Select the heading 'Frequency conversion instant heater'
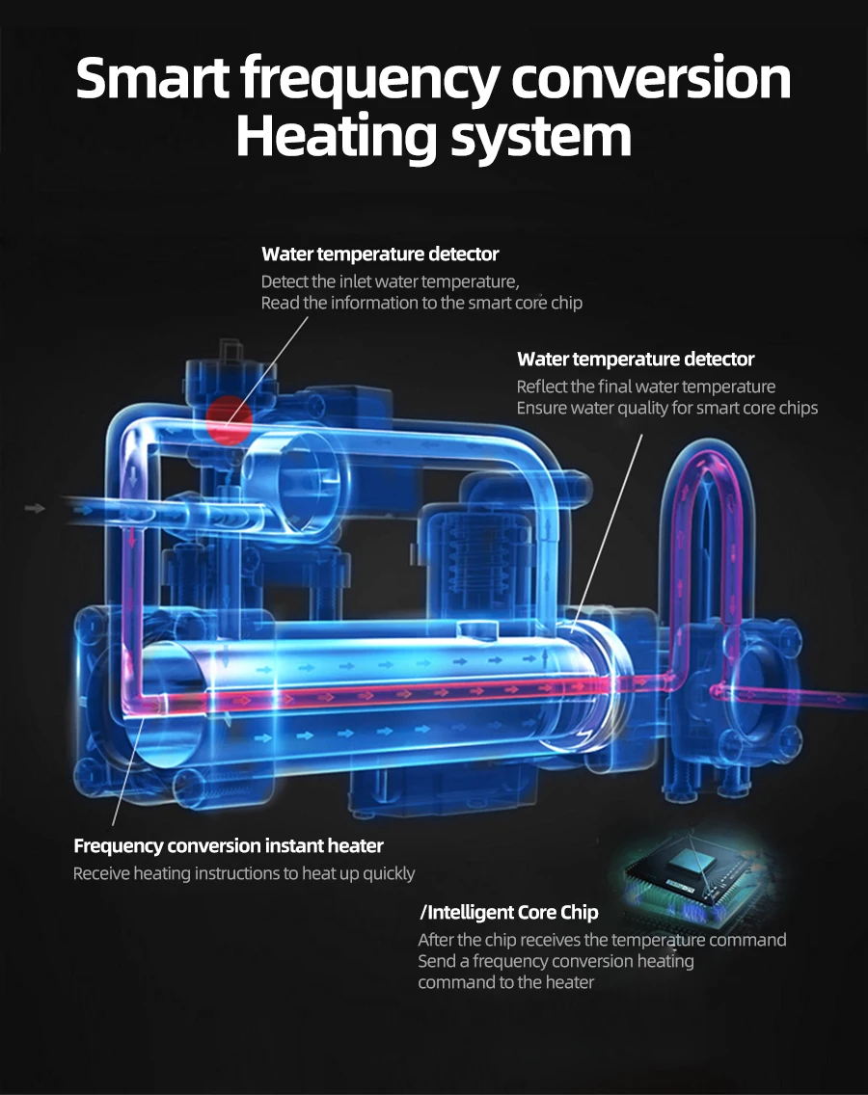coord(229,846)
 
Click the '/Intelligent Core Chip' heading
coord(508,912)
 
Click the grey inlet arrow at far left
coord(36,507)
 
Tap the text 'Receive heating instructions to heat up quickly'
coord(244,873)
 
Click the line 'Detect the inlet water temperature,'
coord(390,281)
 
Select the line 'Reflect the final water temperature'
coord(645,387)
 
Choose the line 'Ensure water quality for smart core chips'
coord(666,408)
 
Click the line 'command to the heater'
coord(505,982)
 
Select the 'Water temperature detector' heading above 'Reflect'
coord(636,360)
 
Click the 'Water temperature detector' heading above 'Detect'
coord(380,254)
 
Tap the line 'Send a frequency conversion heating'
coord(556,961)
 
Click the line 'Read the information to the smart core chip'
coord(421,303)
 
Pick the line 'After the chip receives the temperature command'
coord(602,940)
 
